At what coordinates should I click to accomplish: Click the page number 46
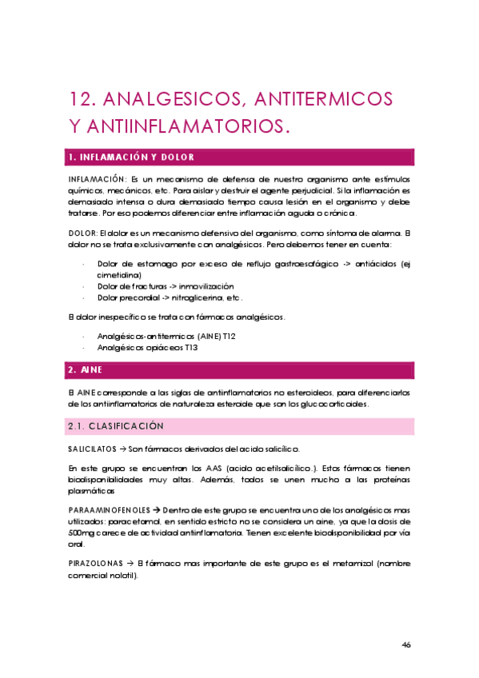(x=406, y=644)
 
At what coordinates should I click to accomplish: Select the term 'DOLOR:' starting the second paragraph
(x=83, y=233)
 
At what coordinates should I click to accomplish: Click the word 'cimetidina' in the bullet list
(x=119, y=274)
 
